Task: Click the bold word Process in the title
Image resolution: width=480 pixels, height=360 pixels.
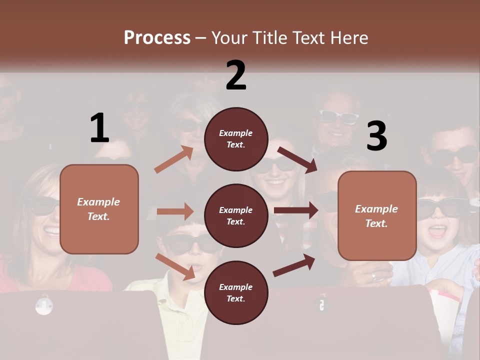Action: click(x=157, y=38)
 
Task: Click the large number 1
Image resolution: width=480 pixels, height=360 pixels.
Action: click(x=99, y=128)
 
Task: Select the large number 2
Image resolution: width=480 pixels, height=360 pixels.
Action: click(x=236, y=75)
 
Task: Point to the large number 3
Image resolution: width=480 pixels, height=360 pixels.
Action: click(x=376, y=136)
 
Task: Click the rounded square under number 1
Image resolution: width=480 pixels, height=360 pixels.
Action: click(x=99, y=209)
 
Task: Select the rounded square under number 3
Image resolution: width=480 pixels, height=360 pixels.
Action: click(x=377, y=215)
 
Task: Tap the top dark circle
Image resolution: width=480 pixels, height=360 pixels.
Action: click(x=236, y=138)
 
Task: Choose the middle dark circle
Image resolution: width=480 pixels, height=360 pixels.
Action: click(x=236, y=215)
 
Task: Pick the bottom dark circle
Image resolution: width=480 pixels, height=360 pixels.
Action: click(x=236, y=292)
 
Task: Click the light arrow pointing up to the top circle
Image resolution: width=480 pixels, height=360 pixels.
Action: click(x=173, y=159)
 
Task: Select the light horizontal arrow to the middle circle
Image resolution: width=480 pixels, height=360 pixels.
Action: click(x=175, y=211)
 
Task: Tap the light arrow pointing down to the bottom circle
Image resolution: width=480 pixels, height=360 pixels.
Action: click(x=175, y=266)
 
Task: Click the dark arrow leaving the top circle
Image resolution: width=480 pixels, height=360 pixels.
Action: click(x=297, y=159)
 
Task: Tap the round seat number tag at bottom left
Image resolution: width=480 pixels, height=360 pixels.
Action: click(x=44, y=305)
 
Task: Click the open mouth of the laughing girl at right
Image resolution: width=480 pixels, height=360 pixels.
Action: click(x=438, y=230)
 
